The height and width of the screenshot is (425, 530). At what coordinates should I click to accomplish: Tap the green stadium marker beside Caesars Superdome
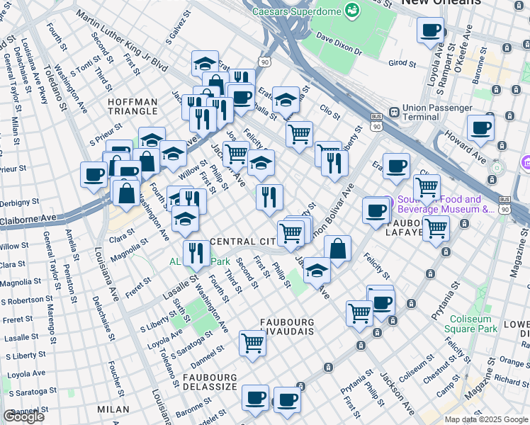click(351, 10)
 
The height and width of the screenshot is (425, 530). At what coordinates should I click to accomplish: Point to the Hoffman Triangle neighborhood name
click(132, 106)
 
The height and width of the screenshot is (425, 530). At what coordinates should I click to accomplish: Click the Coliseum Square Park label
click(471, 324)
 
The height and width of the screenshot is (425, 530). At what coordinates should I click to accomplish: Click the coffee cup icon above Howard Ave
click(481, 128)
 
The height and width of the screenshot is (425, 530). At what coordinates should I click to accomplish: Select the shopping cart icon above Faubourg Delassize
click(252, 343)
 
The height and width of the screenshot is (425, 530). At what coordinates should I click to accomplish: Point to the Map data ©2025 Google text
click(486, 419)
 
